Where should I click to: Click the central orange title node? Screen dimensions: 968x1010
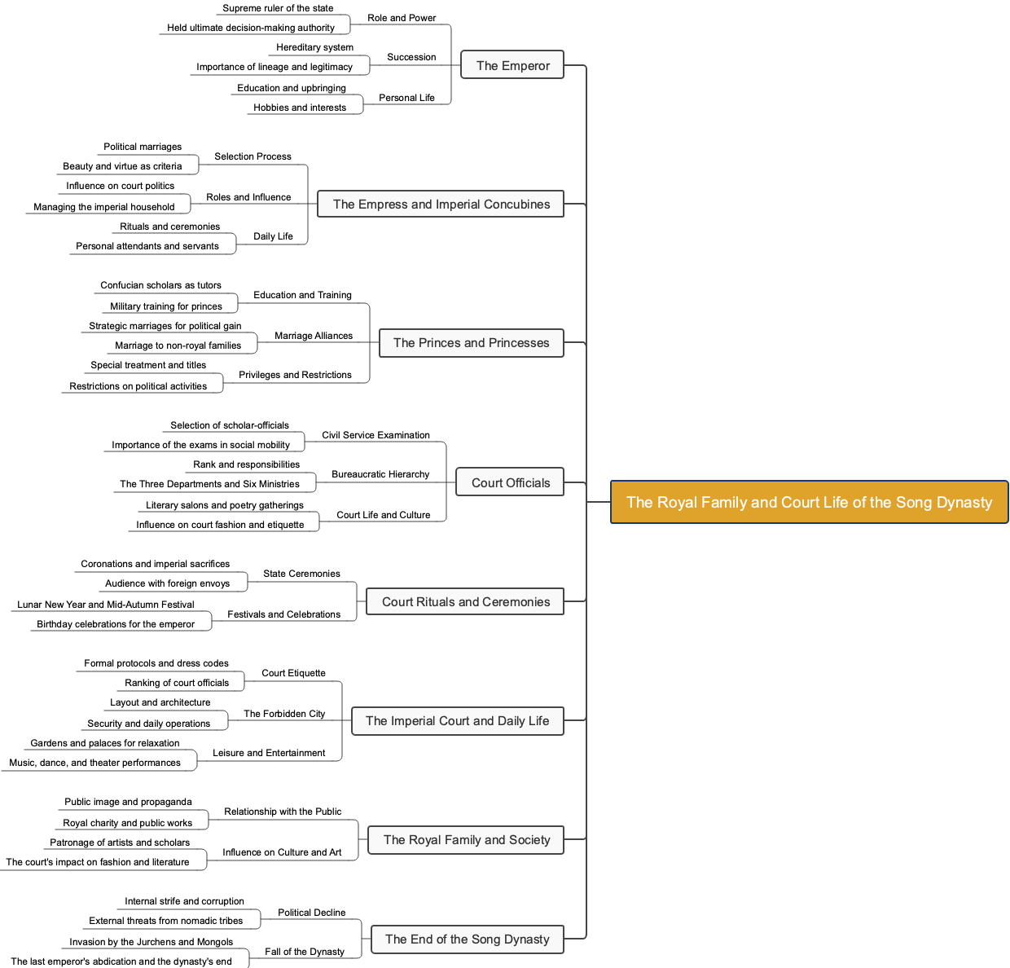click(x=809, y=502)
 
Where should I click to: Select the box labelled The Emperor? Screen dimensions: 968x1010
click(x=512, y=65)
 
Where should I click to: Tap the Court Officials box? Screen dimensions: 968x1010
click(x=510, y=482)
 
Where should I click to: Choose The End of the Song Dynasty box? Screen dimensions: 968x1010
click(x=467, y=939)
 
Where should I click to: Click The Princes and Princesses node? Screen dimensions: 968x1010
click(x=471, y=342)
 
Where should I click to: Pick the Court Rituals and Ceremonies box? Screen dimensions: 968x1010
click(x=465, y=601)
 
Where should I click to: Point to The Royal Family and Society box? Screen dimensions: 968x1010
click(x=466, y=839)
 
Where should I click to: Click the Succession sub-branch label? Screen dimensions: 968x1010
click(x=411, y=57)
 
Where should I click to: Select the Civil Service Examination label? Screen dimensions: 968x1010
click(x=375, y=435)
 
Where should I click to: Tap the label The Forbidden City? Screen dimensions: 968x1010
click(x=284, y=714)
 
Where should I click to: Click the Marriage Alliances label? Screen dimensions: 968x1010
click(x=314, y=336)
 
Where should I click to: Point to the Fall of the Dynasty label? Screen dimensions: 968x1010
click(x=305, y=952)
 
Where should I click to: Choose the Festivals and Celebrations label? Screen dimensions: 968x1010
click(x=283, y=614)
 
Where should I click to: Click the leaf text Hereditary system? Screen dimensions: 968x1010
click(x=314, y=47)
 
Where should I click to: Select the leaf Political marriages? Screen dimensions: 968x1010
click(x=143, y=147)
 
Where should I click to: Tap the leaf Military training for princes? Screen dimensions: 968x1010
click(x=166, y=306)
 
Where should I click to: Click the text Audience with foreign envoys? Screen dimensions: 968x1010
click(x=168, y=583)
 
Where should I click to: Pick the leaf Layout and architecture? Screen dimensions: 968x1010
click(x=160, y=702)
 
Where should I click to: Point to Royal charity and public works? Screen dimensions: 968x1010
click(x=128, y=823)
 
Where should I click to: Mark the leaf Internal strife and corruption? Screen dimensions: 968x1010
click(x=184, y=901)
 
